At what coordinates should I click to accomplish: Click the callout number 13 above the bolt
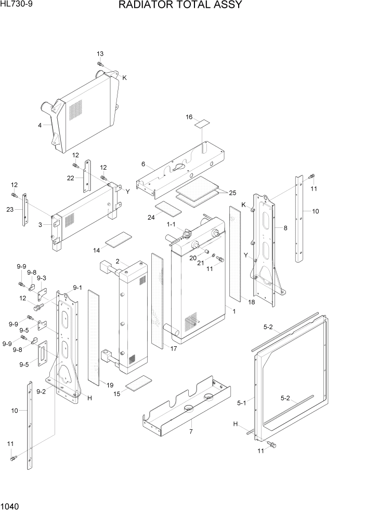pyautogui.click(x=100, y=54)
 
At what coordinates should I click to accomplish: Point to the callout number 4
pyautogui.click(x=40, y=125)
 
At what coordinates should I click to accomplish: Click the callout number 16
pyautogui.click(x=189, y=117)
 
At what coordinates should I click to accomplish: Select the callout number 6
pyautogui.click(x=143, y=164)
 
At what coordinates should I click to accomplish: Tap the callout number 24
pyautogui.click(x=151, y=217)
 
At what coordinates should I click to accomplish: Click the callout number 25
pyautogui.click(x=232, y=193)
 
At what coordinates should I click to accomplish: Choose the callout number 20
pyautogui.click(x=193, y=257)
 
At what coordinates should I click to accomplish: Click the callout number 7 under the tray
pyautogui.click(x=191, y=432)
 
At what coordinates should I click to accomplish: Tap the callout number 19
pyautogui.click(x=110, y=385)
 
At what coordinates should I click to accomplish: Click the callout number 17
pyautogui.click(x=173, y=348)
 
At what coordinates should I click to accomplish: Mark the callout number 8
pyautogui.click(x=285, y=227)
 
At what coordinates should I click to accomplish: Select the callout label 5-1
pyautogui.click(x=242, y=402)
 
